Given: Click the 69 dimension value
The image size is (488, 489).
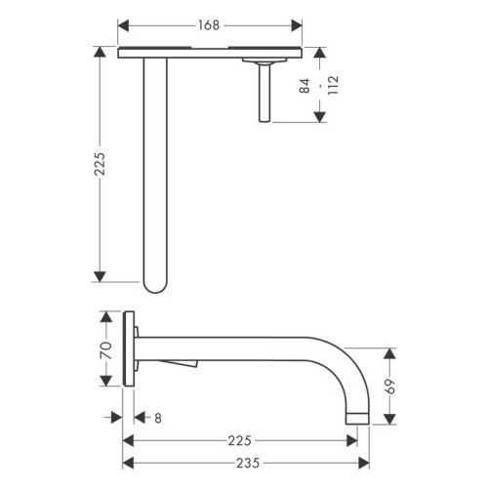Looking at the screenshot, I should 393,384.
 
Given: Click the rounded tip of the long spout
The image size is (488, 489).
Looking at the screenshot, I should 156,286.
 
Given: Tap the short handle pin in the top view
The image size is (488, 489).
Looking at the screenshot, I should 264,93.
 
